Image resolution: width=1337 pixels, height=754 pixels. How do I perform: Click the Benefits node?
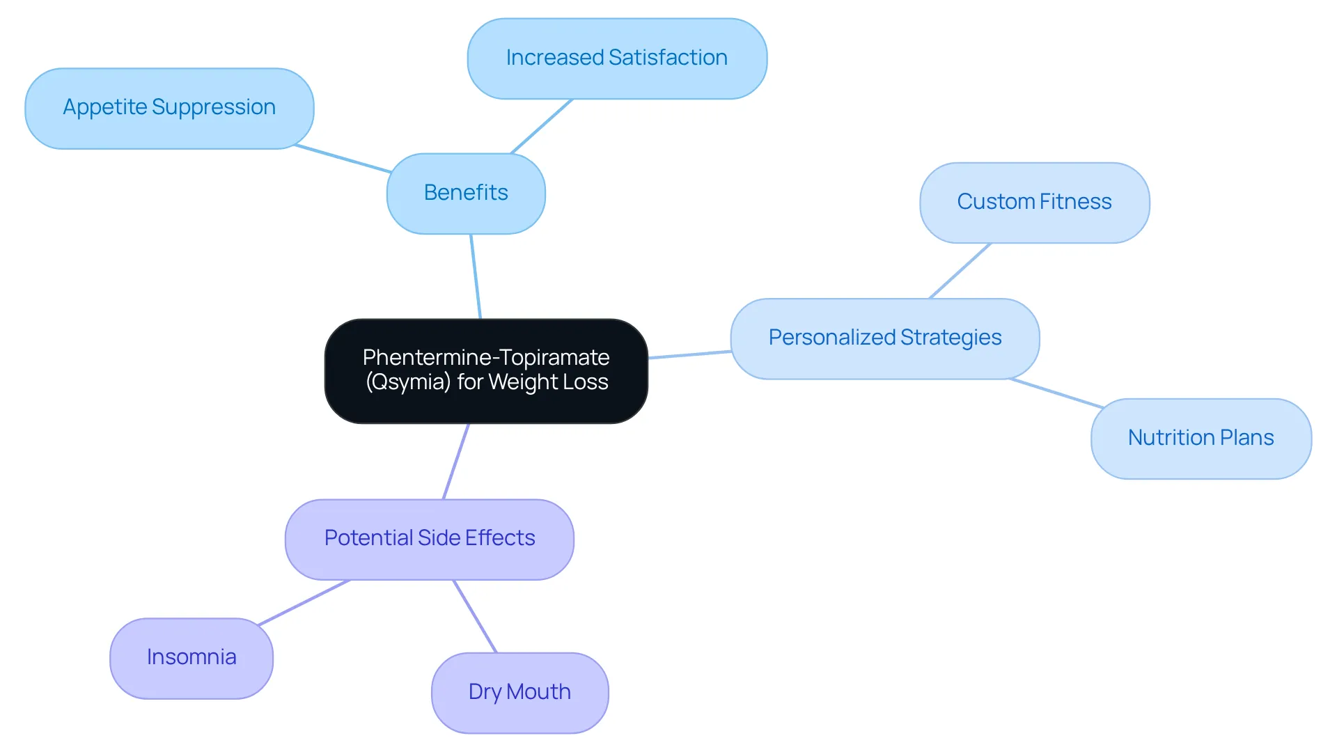pos(466,194)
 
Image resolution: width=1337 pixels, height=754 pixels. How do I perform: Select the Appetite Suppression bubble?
pos(169,109)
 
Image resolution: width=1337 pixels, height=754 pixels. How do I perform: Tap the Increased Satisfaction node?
pos(617,58)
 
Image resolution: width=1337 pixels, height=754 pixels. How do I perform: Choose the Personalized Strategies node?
pos(885,339)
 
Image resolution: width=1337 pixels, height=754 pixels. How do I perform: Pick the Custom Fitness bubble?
pos(1035,203)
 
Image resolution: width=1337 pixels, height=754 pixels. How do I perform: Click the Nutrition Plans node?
pos(1201,439)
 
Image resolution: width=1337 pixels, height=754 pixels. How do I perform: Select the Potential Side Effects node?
pos(430,540)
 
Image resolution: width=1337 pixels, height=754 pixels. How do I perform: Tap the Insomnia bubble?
pos(191,659)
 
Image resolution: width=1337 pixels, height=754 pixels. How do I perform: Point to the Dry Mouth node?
pos(520,693)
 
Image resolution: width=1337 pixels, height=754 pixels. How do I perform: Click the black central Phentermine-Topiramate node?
pos(486,371)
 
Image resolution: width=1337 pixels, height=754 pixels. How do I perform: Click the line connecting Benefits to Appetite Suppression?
pos(343,158)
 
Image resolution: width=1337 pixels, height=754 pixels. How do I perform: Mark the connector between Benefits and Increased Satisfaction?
pos(542,126)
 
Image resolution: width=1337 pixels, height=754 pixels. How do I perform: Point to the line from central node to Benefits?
pos(476,276)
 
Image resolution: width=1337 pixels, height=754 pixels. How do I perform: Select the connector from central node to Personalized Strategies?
pos(689,354)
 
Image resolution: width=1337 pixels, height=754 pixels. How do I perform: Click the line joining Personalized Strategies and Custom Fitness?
pos(960,271)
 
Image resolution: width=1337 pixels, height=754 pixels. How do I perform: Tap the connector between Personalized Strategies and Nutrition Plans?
pos(1056,393)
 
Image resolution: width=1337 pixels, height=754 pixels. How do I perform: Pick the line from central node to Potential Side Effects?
pos(456,461)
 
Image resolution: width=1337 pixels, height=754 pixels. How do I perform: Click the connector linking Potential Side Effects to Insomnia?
pos(304,602)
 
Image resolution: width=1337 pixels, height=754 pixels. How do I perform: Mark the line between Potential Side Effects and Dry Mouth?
pos(475,616)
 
